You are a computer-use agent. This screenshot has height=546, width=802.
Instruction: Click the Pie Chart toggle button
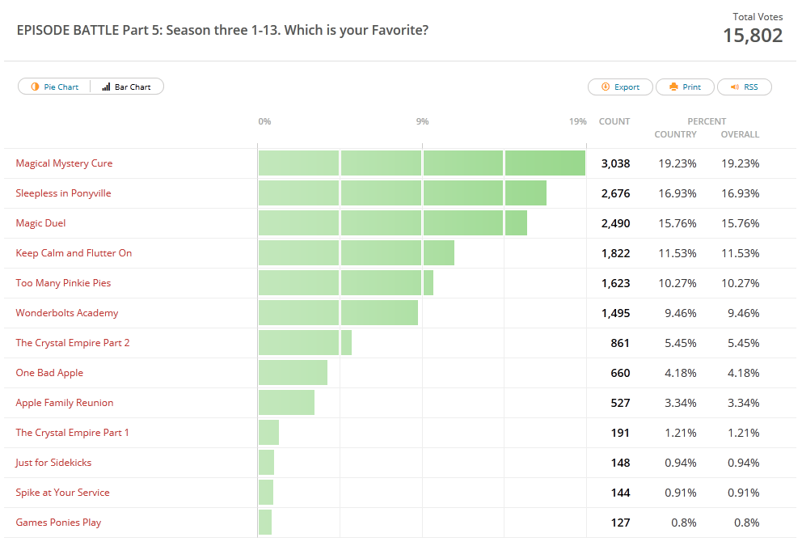click(55, 87)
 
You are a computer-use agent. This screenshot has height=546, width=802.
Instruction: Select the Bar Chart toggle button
click(127, 87)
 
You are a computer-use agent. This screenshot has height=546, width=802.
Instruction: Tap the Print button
click(685, 87)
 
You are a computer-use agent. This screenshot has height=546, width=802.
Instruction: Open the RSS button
click(745, 87)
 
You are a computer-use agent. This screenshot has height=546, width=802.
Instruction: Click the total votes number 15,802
click(752, 36)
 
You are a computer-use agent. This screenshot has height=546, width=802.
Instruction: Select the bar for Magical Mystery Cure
click(421, 163)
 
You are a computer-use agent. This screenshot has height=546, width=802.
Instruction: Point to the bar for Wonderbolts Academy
click(338, 313)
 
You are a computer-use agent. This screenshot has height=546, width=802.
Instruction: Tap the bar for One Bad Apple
click(293, 373)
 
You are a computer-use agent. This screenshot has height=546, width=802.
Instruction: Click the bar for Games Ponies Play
click(265, 523)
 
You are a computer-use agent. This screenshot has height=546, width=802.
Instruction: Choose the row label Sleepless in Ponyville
click(63, 193)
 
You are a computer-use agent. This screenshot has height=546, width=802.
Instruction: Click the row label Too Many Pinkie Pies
click(63, 283)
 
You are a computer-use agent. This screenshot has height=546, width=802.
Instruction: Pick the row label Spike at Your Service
click(62, 493)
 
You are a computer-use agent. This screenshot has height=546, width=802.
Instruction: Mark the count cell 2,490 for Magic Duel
click(615, 223)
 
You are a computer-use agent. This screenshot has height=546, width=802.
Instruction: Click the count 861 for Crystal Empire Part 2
click(620, 343)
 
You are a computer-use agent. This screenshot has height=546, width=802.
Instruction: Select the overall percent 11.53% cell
click(740, 253)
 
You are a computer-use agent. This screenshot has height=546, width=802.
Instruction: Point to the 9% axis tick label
click(422, 121)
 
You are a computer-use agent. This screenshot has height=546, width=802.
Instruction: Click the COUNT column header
click(614, 121)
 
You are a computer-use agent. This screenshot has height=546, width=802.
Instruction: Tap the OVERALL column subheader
click(740, 134)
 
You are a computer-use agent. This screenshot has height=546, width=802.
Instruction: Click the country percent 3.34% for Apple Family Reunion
click(677, 403)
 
